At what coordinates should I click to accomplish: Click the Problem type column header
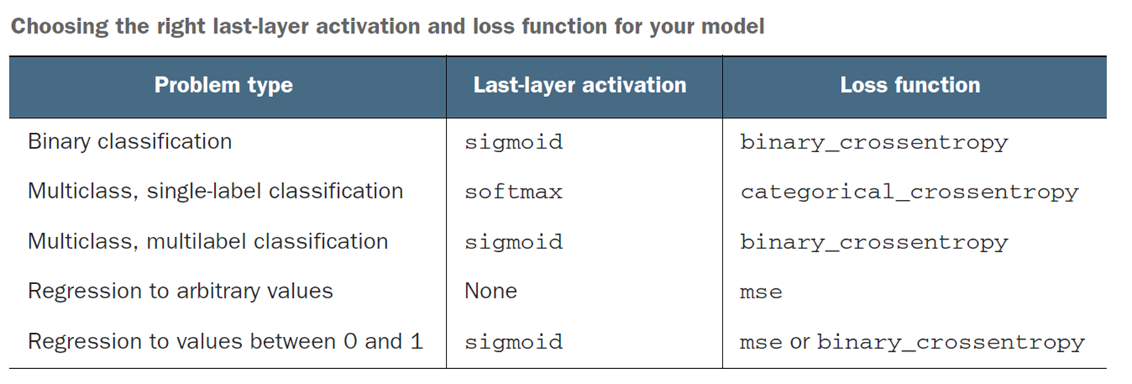[223, 86]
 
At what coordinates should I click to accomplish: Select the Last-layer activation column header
[580, 86]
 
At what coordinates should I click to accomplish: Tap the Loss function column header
[910, 85]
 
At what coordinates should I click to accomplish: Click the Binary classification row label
[130, 141]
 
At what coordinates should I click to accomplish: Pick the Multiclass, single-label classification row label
[216, 191]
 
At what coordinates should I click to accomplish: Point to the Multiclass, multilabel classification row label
[208, 241]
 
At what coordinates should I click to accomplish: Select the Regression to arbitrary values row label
[180, 291]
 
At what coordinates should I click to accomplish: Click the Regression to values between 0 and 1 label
[225, 341]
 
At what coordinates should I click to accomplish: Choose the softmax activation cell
[514, 192]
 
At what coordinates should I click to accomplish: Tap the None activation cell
[491, 291]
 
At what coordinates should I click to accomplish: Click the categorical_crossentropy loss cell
[909, 192]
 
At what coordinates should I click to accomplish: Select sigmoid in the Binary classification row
[514, 141]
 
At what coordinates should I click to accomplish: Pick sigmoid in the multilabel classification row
[514, 242]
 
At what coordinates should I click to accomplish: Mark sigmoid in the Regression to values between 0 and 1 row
[514, 342]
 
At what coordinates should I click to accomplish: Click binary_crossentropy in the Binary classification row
[874, 142]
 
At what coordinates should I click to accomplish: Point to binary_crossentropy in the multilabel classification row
[874, 243]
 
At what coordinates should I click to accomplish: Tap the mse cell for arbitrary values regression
[761, 293]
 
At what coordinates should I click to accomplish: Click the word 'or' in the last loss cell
[800, 343]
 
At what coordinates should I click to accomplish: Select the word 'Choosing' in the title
[60, 27]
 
